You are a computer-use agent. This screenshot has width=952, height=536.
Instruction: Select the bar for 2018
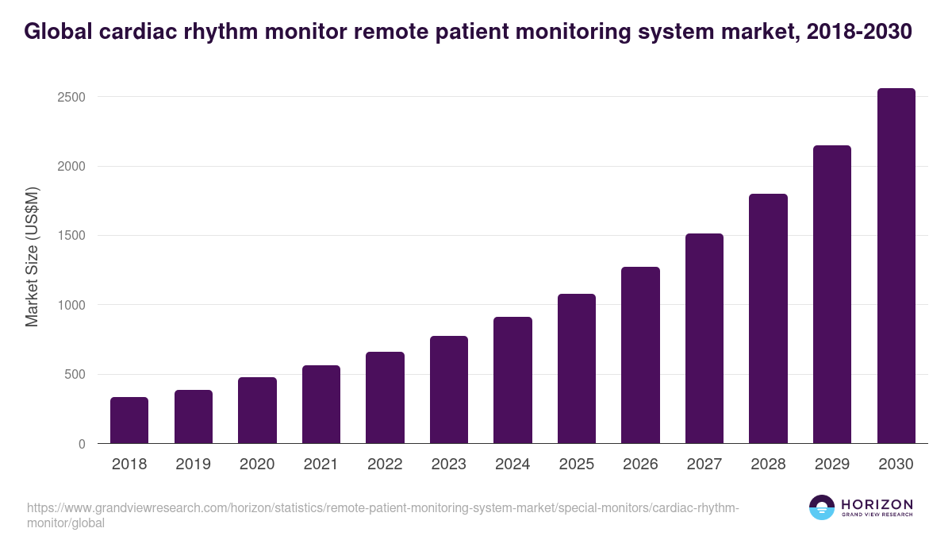point(129,420)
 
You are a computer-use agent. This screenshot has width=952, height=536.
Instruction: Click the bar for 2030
point(896,266)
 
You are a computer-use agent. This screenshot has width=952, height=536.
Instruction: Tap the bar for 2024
point(512,380)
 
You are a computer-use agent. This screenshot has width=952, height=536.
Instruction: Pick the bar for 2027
point(704,338)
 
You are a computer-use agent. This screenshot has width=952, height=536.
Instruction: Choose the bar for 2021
point(321,404)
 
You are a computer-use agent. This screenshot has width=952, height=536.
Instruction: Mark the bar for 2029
point(832,295)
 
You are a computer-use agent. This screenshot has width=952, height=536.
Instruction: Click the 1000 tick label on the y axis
point(71,306)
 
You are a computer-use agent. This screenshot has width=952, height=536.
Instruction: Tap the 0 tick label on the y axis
point(82,445)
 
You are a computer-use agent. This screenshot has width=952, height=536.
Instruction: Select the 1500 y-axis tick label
point(71,236)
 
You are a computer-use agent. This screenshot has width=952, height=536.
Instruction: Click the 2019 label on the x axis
point(194,465)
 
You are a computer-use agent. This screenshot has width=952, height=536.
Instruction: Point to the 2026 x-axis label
point(640,465)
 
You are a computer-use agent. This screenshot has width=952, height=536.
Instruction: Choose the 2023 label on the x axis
point(449,465)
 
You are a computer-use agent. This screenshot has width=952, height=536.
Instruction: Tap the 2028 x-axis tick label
point(768,465)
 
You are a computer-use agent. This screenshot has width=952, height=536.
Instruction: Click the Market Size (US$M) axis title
point(32,256)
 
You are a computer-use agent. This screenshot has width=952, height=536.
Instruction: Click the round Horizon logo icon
point(822,507)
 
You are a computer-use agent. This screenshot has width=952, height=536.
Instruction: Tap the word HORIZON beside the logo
point(877,503)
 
